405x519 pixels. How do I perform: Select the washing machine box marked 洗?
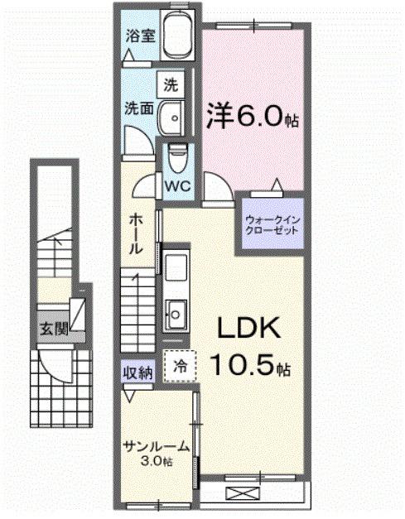(x=171, y=84)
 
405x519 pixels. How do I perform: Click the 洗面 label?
(x=137, y=108)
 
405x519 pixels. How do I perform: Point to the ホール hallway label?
(x=136, y=233)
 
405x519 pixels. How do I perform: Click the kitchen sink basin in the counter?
(x=176, y=313)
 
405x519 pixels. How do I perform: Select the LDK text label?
(x=248, y=329)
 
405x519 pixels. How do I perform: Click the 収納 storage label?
(x=137, y=372)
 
